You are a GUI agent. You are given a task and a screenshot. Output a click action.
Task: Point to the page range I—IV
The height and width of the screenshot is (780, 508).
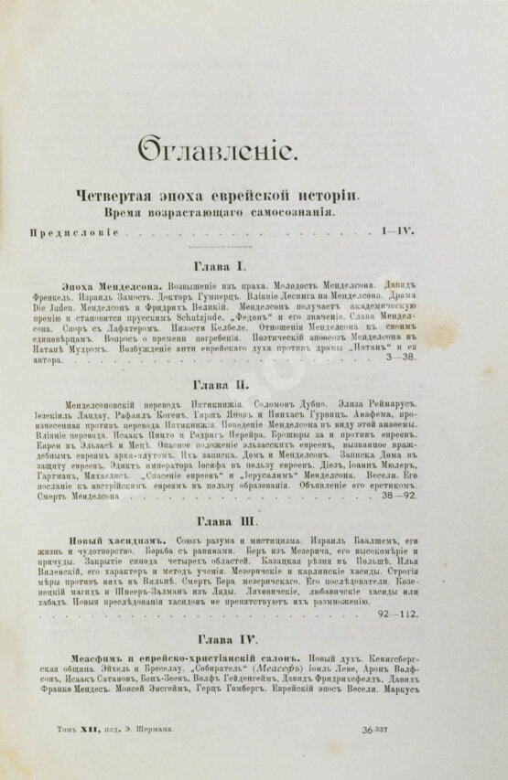pos(396,231)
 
